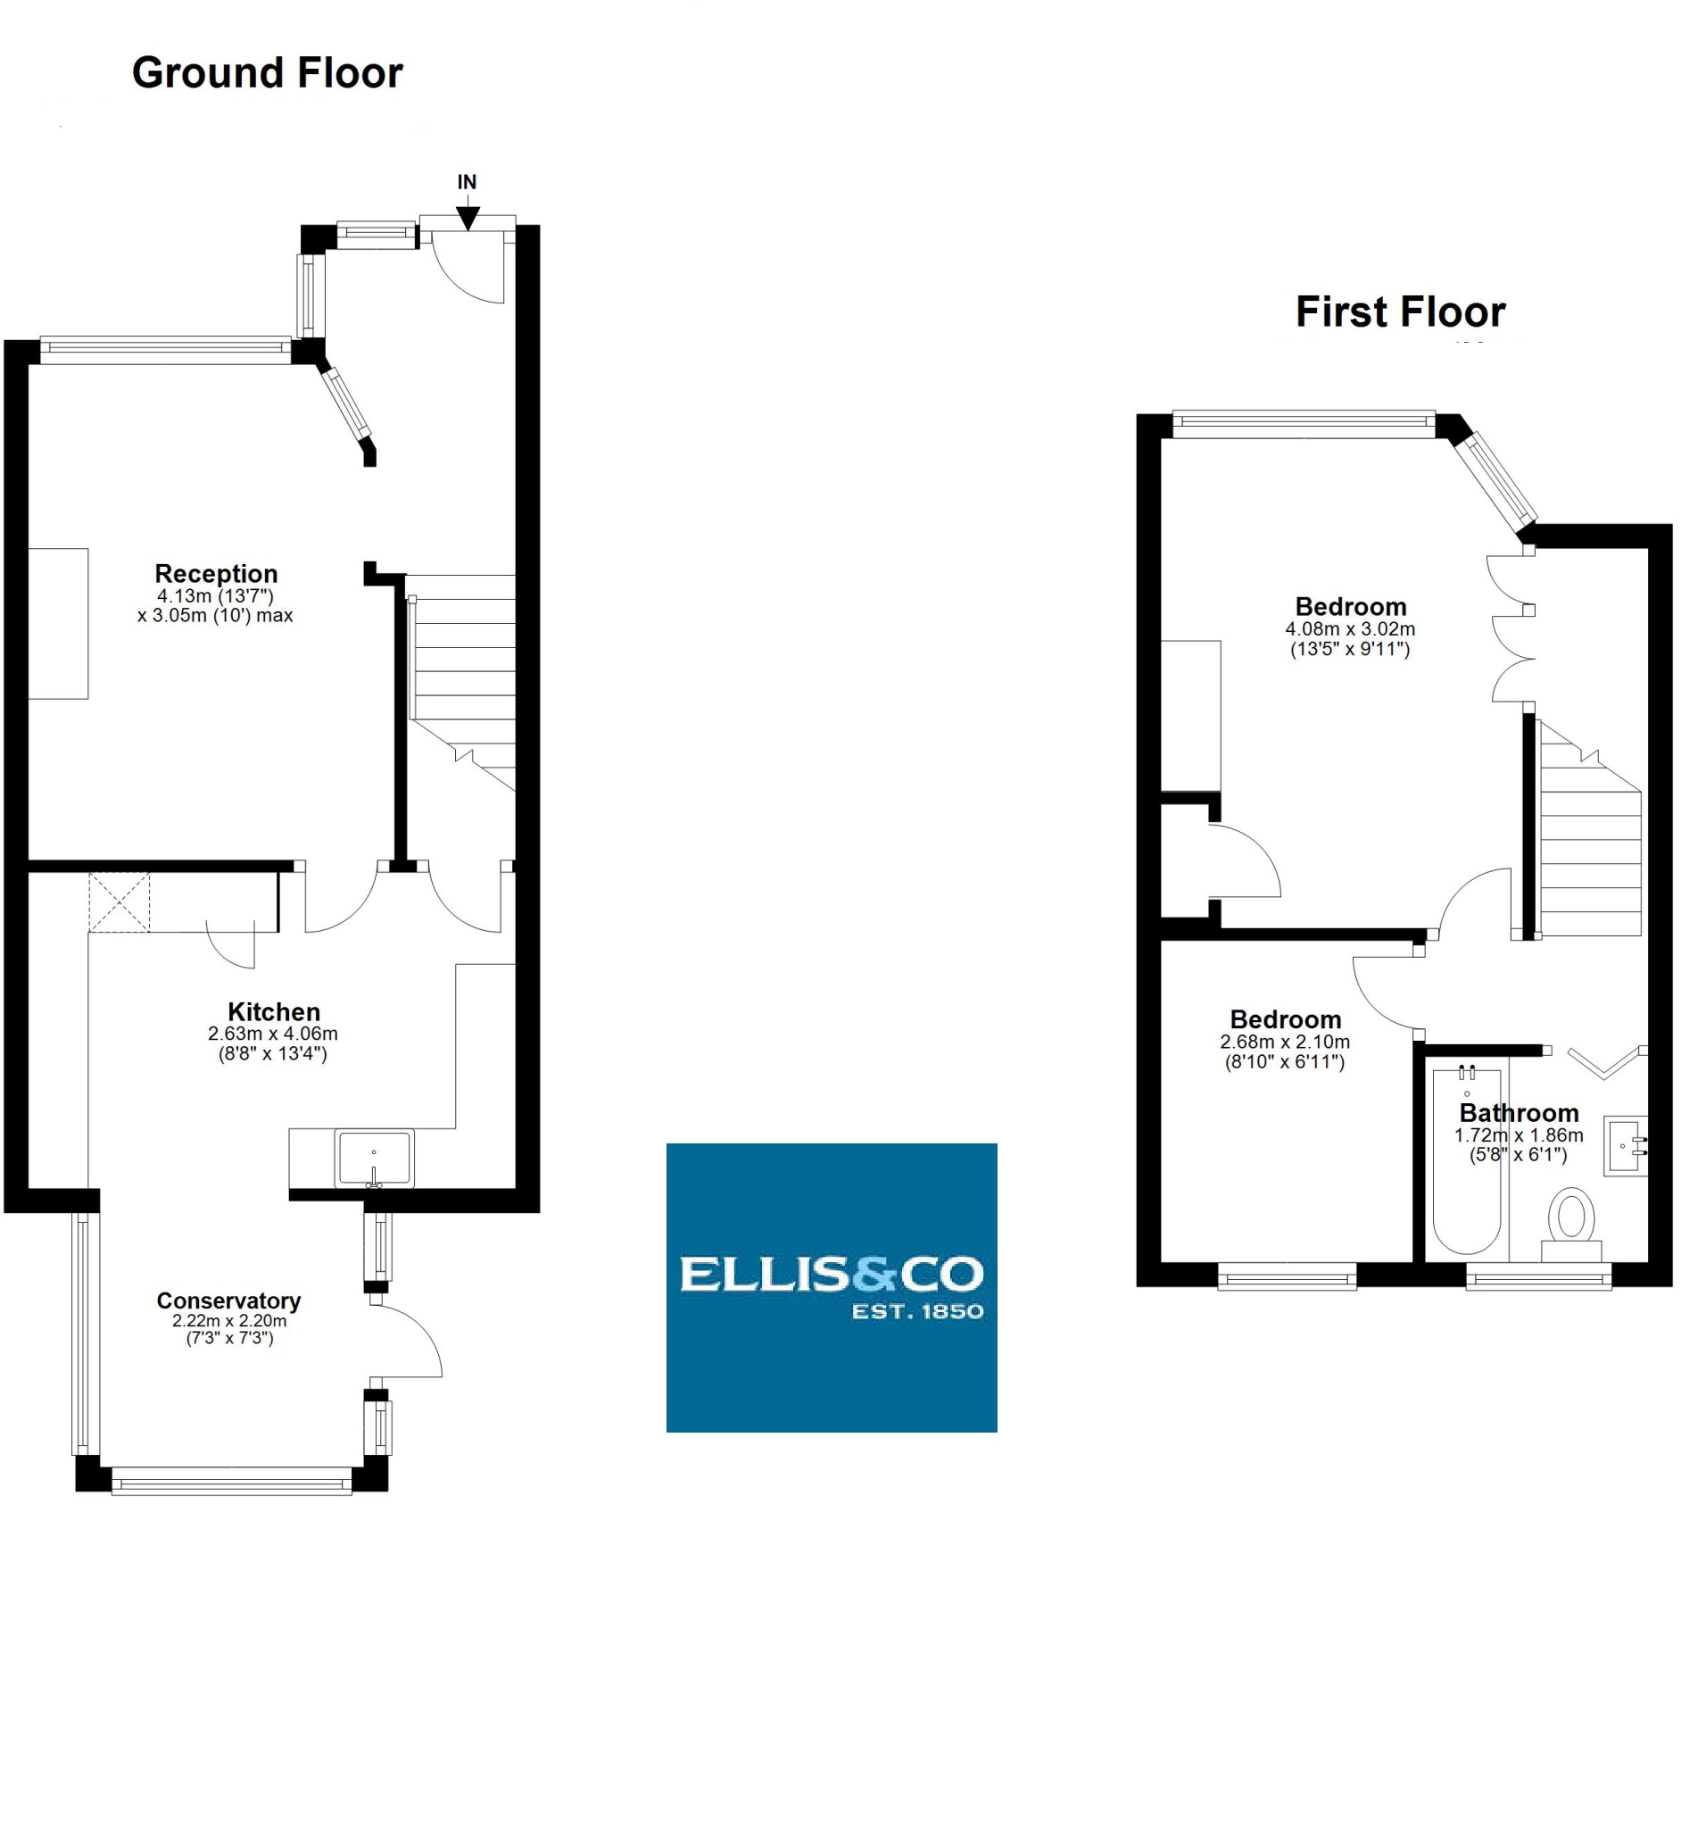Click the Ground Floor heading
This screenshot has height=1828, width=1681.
point(267,73)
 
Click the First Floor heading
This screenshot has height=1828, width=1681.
point(1400,312)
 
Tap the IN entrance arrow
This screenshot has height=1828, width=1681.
point(467,217)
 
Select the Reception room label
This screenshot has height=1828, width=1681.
point(216,573)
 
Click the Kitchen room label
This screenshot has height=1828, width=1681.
point(273,1012)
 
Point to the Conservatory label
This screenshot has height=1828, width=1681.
point(228,1300)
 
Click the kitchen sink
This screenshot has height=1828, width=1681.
point(374,1158)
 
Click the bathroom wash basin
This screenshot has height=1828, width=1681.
point(1625,1145)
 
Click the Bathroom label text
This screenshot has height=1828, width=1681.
point(1519,1113)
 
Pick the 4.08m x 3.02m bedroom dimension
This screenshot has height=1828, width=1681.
point(1350,628)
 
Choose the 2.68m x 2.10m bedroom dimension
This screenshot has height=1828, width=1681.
point(1285,1042)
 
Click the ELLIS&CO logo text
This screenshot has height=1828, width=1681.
point(832,1274)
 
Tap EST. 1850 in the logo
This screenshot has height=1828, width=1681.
point(917,1311)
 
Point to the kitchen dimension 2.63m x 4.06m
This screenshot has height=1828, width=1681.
point(272,1034)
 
